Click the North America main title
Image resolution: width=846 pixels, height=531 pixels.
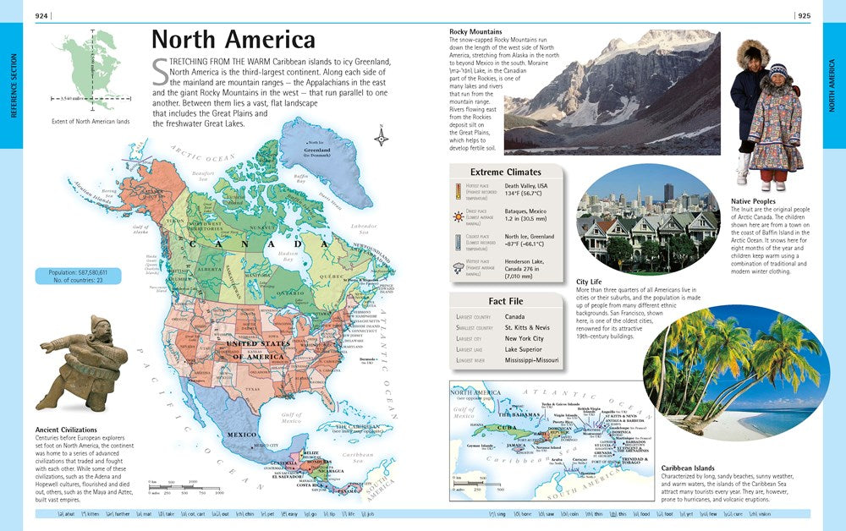point(233,40)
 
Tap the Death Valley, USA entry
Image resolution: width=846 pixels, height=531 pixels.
point(526,186)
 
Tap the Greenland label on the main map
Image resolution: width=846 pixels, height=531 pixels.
point(316,151)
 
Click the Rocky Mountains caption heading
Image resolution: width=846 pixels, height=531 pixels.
point(475,32)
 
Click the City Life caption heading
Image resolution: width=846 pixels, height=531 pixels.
point(590,282)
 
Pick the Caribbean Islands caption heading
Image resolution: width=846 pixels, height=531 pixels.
point(687,468)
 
